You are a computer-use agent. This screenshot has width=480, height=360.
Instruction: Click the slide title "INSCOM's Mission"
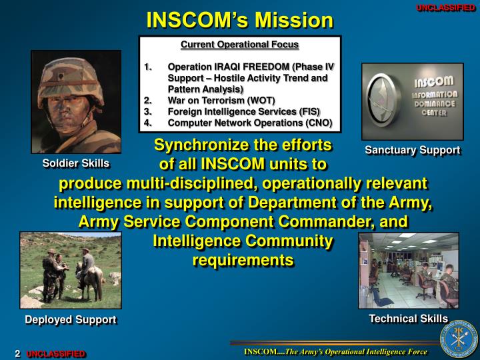239,20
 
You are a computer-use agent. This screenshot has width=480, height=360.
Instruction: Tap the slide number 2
18,353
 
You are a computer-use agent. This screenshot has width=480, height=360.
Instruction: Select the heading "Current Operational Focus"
240,45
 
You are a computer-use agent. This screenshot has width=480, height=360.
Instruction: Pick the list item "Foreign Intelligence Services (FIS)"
243,111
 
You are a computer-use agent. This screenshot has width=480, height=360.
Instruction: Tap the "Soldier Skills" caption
76,163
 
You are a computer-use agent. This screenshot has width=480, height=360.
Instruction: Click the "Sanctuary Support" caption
412,150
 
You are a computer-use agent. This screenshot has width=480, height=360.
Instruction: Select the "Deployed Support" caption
71,319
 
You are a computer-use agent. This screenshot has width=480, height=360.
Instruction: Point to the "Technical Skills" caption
408,319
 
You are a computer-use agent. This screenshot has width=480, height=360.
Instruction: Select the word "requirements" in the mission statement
243,260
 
